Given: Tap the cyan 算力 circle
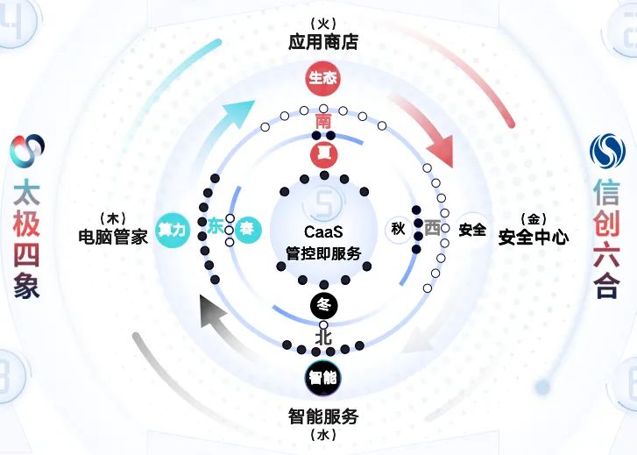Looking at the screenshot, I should tap(172, 229).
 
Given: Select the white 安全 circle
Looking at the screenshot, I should tap(472, 229).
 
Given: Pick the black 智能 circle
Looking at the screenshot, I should tap(322, 378).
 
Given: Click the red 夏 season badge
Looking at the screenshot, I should tap(323, 154).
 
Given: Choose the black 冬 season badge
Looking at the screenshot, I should tap(323, 304).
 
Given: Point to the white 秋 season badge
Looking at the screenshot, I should tap(399, 229).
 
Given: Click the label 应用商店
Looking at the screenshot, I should tap(322, 42).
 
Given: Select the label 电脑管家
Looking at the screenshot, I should tap(112, 236).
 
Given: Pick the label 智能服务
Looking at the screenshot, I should tap(322, 415).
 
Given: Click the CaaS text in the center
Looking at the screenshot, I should tap(322, 232).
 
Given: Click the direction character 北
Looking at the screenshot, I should tap(323, 337).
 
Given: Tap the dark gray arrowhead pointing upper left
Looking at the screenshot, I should tap(211, 311).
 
